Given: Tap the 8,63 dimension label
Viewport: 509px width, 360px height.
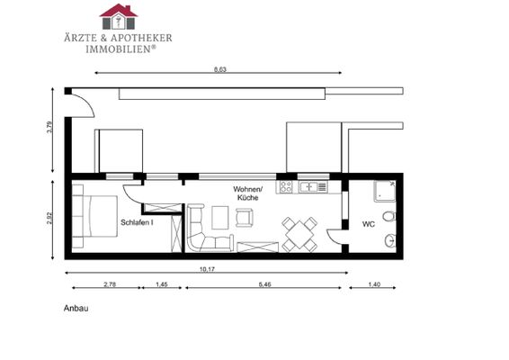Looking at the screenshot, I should click(219, 68).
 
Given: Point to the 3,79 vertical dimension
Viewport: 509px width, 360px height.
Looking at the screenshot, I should click(50, 130).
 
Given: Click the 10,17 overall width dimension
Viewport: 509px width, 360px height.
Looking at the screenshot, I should click(207, 269).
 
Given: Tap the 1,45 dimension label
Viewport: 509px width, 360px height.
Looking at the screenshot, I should click(163, 284).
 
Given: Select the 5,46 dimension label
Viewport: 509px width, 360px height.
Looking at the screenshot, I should click(263, 284).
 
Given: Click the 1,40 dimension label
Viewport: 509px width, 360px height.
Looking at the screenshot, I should click(376, 284).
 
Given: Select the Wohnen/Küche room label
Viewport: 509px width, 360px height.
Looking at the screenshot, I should click(247, 193).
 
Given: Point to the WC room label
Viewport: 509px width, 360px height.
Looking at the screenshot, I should click(368, 223).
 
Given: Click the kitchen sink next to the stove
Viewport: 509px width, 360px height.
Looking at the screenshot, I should click(314, 187).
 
